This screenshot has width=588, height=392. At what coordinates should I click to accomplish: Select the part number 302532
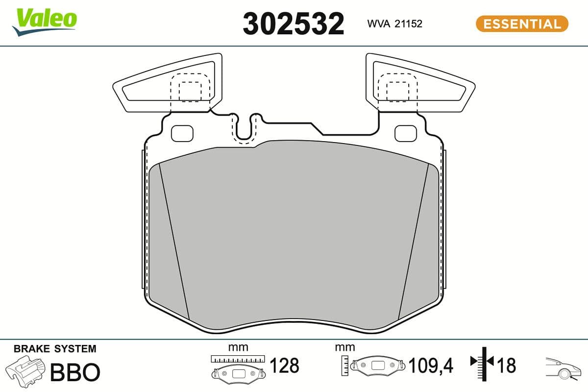point(293,24)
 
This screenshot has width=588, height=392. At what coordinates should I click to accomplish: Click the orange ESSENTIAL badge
point(522,24)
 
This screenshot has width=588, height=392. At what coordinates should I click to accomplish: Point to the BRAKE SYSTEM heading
point(55,349)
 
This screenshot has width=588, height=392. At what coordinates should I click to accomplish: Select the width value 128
point(284,366)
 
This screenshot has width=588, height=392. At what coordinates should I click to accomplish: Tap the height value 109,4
point(431,366)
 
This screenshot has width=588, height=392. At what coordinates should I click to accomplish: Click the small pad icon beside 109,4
point(377,366)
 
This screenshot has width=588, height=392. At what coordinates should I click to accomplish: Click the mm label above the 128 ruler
point(238,347)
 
